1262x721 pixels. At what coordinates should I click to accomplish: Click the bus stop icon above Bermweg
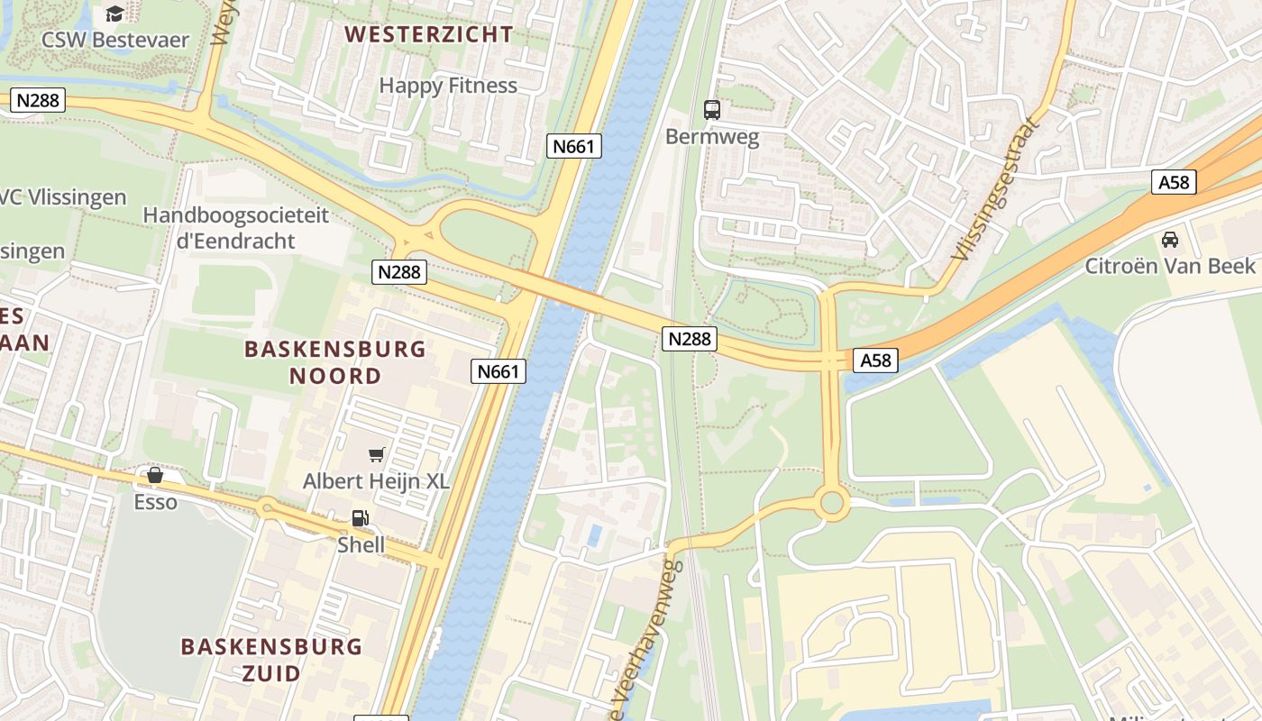click(x=712, y=110)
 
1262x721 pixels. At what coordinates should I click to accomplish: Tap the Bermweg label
click(x=712, y=138)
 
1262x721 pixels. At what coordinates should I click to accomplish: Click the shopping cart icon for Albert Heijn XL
click(x=376, y=455)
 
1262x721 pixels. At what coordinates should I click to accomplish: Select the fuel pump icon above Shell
click(x=360, y=518)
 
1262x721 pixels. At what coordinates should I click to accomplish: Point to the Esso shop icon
click(x=155, y=475)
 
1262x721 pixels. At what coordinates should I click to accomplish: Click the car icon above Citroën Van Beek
click(x=1170, y=240)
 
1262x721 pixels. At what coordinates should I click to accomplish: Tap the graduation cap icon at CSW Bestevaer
click(x=114, y=14)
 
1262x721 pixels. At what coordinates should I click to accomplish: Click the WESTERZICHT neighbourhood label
click(x=429, y=35)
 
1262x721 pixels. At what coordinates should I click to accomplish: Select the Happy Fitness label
click(x=448, y=86)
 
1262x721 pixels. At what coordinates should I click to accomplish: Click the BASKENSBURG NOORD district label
click(x=335, y=362)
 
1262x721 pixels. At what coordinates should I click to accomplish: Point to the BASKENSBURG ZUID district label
click(x=271, y=660)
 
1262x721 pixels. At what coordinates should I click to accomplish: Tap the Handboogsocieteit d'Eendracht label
click(x=235, y=228)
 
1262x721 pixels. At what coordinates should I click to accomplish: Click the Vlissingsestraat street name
click(x=994, y=190)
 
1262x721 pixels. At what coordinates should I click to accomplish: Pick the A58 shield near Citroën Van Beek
click(x=1174, y=182)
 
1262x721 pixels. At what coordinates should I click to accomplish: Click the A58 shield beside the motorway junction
click(x=875, y=360)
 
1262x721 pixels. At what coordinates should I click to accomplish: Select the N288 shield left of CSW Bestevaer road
click(x=38, y=100)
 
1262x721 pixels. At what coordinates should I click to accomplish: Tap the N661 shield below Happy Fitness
click(x=574, y=146)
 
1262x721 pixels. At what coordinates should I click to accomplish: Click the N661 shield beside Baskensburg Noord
click(x=498, y=370)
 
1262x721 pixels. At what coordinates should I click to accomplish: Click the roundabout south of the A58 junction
click(x=831, y=503)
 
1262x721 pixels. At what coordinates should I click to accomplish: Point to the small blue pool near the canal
click(x=595, y=535)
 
